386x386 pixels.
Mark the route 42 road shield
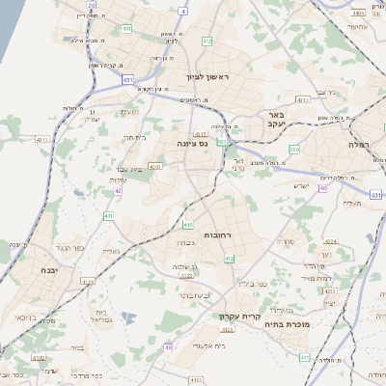[118, 191]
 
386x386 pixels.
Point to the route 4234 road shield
[330, 241]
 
